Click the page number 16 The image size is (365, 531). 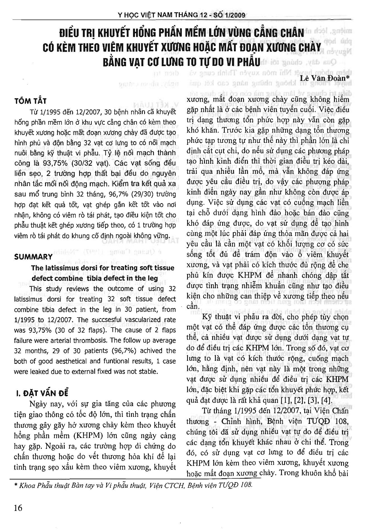pos(18,508)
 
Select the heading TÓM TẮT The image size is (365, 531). pos(30,101)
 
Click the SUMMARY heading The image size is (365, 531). pos(33,257)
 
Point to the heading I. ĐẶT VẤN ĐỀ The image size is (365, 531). pos(42,393)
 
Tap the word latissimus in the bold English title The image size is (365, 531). pos(59,268)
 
